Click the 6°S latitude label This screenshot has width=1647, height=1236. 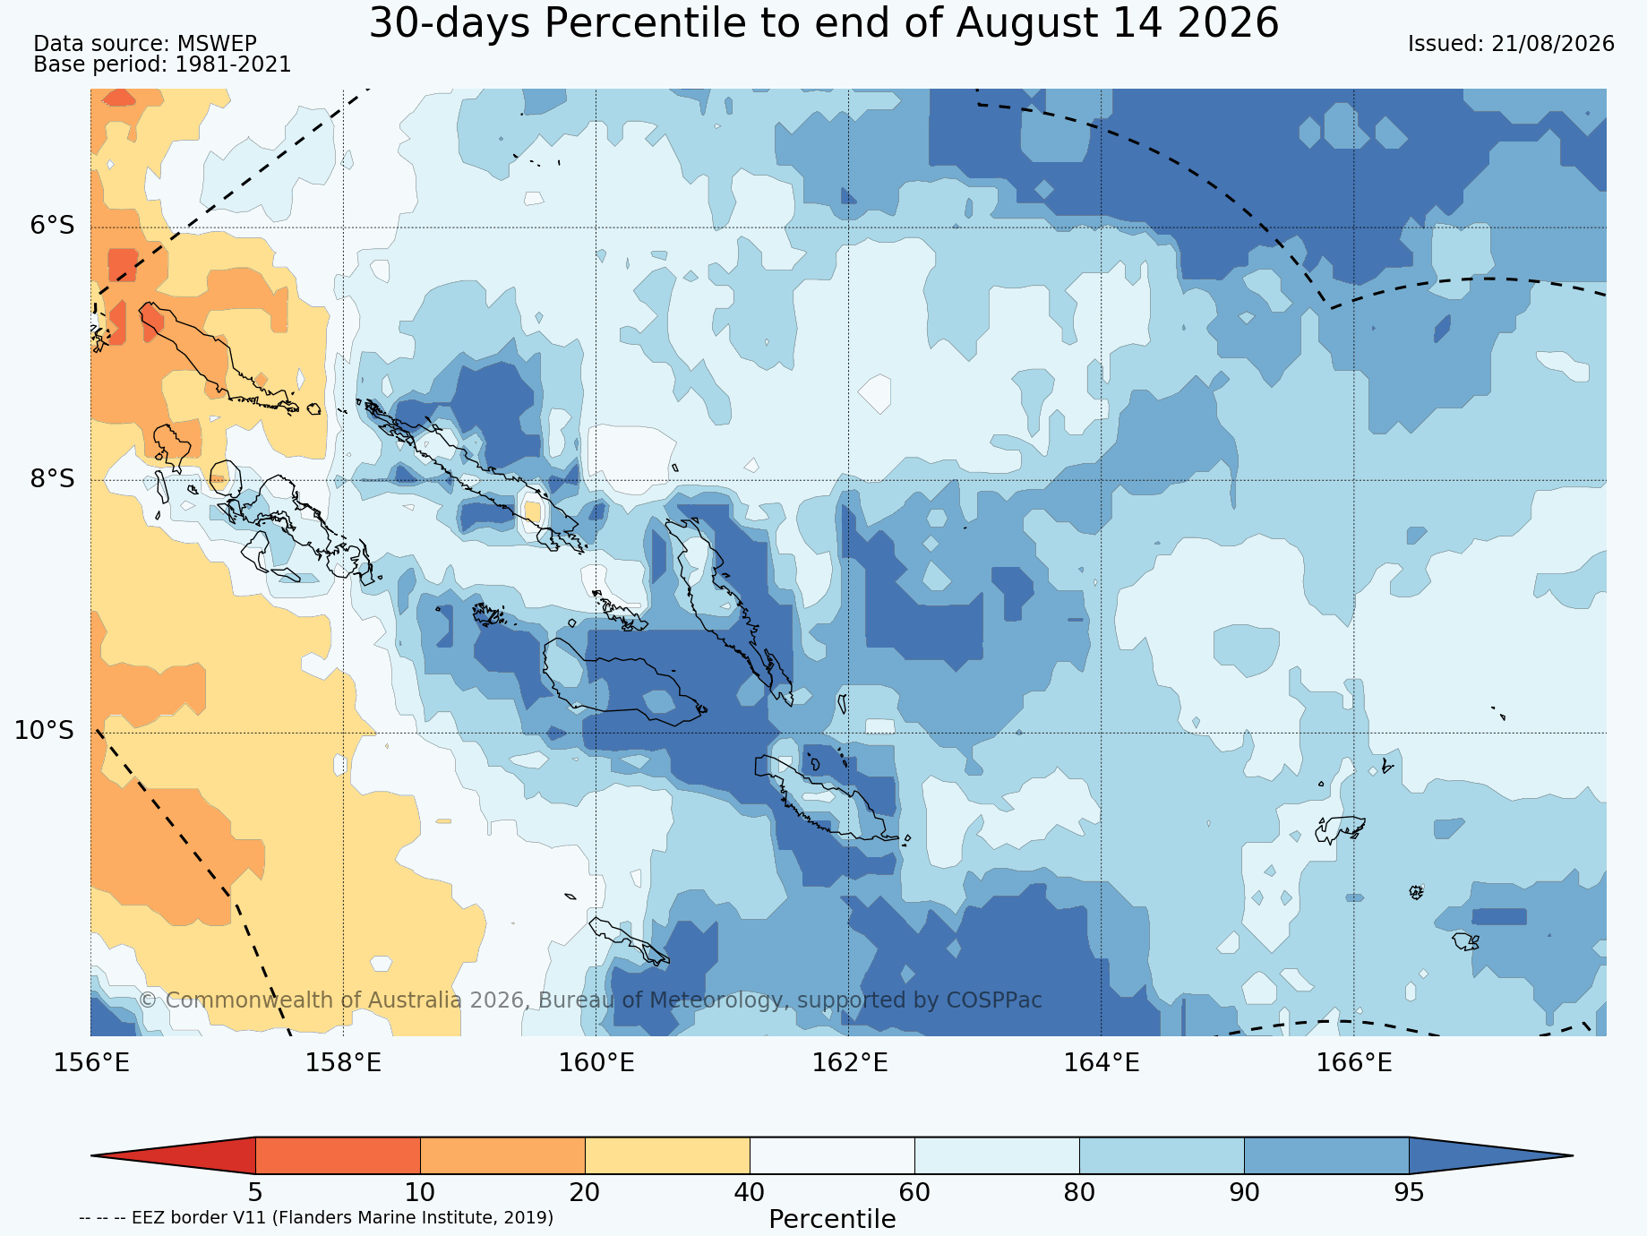(52, 226)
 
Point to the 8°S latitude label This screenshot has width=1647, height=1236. (52, 479)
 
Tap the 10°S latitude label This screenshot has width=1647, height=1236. (44, 731)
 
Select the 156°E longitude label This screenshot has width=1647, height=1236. (91, 1063)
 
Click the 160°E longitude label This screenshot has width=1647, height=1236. (596, 1063)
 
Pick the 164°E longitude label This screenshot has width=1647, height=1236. (1101, 1063)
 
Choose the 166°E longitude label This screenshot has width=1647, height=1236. (1353, 1063)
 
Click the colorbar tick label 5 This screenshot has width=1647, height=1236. (255, 1193)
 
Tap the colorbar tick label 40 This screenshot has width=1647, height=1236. (750, 1193)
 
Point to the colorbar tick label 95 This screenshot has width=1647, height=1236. (1409, 1193)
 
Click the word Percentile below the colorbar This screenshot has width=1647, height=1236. (832, 1220)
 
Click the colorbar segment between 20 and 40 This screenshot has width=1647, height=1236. (667, 1155)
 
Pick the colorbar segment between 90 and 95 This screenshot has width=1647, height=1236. (1326, 1155)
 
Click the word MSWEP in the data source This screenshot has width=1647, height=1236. (217, 44)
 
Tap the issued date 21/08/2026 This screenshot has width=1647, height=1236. (1553, 44)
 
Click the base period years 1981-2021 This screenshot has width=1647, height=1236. (233, 64)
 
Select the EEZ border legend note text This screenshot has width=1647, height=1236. (316, 1218)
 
